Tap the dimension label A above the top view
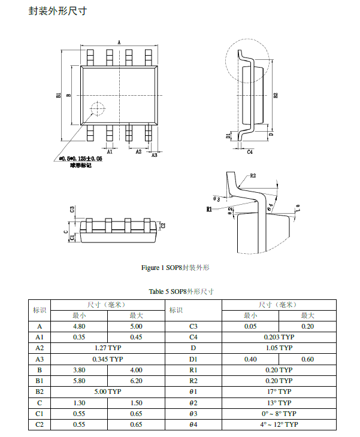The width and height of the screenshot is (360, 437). pyautogui.click(x=119, y=43)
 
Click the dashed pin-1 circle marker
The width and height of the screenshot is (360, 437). pyautogui.click(x=96, y=108)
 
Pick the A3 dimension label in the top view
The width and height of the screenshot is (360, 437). pyautogui.click(x=154, y=155)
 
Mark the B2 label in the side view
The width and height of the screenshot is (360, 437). pyautogui.click(x=276, y=95)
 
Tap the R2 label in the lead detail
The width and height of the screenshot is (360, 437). pyautogui.click(x=253, y=176)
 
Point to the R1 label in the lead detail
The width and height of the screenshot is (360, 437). pyautogui.click(x=209, y=210)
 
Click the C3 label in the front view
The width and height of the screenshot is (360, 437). pyautogui.click(x=72, y=210)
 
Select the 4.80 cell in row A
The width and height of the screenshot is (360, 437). pyautogui.click(x=80, y=326)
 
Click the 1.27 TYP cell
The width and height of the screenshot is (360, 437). pyautogui.click(x=108, y=348)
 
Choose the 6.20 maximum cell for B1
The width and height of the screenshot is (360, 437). pyautogui.click(x=136, y=381)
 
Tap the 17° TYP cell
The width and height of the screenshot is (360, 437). pyautogui.click(x=279, y=392)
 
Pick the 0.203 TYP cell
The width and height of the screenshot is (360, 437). pyautogui.click(x=279, y=337)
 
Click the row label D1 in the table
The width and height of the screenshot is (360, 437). pyautogui.click(x=193, y=359)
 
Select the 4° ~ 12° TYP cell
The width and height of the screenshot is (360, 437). pyautogui.click(x=279, y=424)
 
